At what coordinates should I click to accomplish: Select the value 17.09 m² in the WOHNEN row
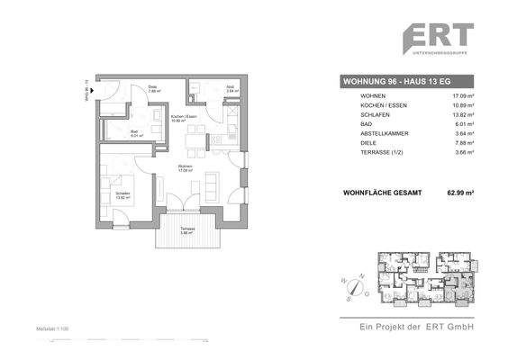462,95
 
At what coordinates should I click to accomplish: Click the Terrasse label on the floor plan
186,229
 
